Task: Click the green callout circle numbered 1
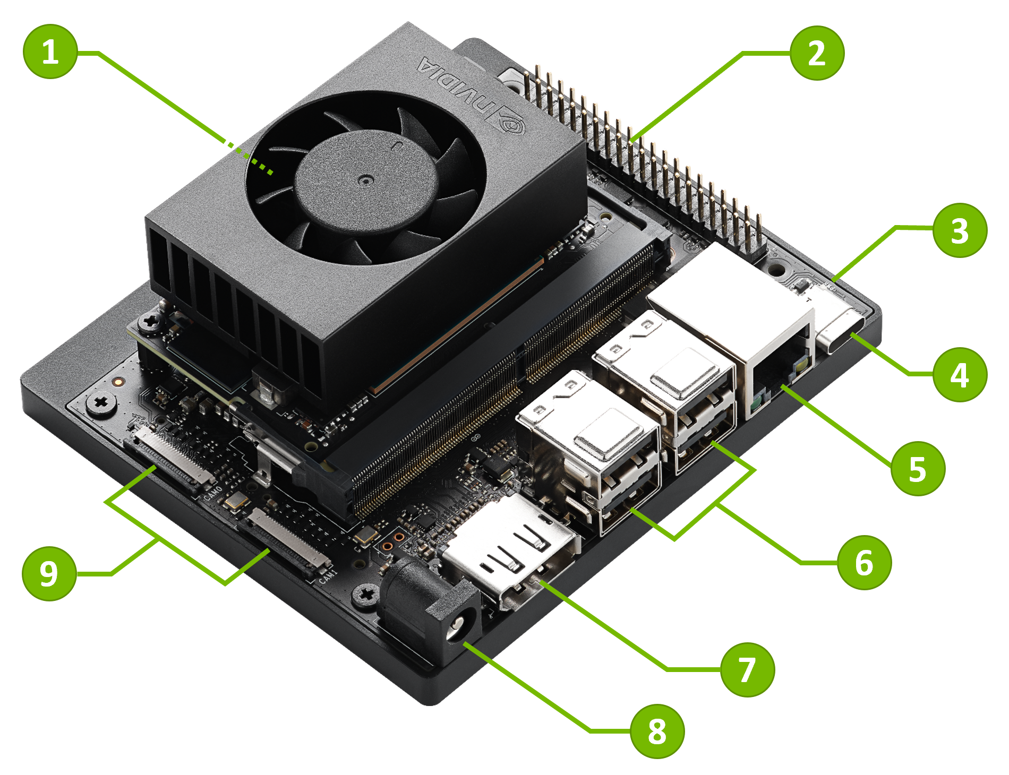(50, 51)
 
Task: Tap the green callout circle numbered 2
(817, 53)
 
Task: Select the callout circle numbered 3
(959, 230)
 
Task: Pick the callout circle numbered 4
(959, 374)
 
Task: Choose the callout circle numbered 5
(917, 468)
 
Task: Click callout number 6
(864, 562)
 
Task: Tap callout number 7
(747, 669)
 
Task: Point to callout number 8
(657, 731)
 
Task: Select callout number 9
(49, 573)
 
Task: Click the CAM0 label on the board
(213, 493)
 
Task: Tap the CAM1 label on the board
(328, 576)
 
